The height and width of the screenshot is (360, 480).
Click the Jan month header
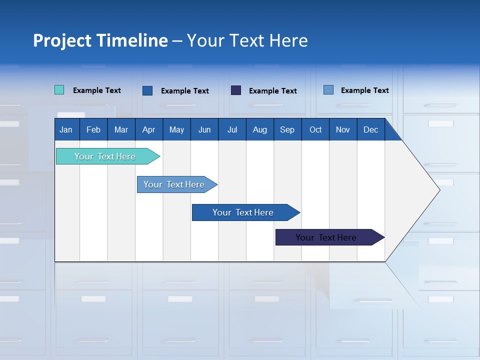pyautogui.click(x=66, y=129)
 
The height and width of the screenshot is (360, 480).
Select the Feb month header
pyautogui.click(x=93, y=129)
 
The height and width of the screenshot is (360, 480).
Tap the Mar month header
pyautogui.click(x=121, y=129)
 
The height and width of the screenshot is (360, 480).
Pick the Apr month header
pyautogui.click(x=148, y=129)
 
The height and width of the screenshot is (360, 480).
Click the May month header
pyautogui.click(x=176, y=129)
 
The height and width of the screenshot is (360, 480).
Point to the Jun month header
pyautogui.click(x=204, y=129)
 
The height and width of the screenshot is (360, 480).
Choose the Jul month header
pyautogui.click(x=232, y=129)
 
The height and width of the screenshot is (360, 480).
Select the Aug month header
pyautogui.click(x=259, y=129)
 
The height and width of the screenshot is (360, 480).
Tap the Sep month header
pyautogui.click(x=287, y=129)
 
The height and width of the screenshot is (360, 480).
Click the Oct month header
pyautogui.click(x=315, y=129)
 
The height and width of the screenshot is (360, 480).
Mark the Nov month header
pyautogui.click(x=343, y=129)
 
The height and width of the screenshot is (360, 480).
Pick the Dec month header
pyautogui.click(x=371, y=129)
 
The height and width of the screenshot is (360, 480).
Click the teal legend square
pyautogui.click(x=59, y=90)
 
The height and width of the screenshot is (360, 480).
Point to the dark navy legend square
pyautogui.click(x=236, y=90)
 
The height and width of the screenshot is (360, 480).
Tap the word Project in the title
pyautogui.click(x=62, y=40)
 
